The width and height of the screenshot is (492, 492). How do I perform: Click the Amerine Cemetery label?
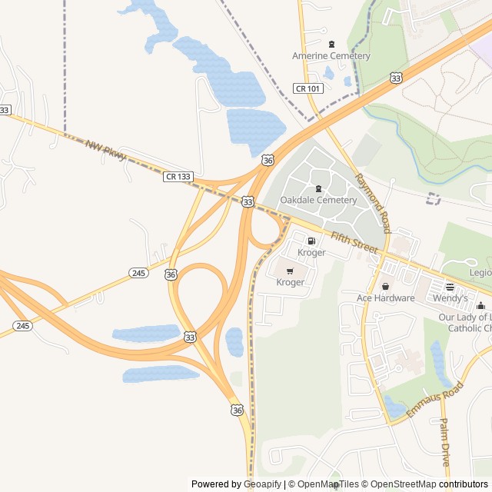pyautogui.click(x=331, y=56)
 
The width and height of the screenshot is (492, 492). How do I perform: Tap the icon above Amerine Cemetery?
pyautogui.click(x=331, y=44)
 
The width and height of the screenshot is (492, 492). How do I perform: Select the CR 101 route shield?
pyautogui.click(x=308, y=88)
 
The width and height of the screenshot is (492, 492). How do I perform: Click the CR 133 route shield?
pyautogui.click(x=178, y=177)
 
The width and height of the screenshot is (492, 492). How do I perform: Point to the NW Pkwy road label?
pyautogui.click(x=105, y=150)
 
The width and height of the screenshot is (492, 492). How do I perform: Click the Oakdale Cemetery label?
pyautogui.click(x=318, y=201)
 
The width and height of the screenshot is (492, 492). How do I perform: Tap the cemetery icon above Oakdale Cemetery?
pyautogui.click(x=318, y=188)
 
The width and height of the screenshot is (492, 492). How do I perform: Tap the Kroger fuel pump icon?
pyautogui.click(x=311, y=241)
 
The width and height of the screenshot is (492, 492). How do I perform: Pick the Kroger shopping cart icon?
pyautogui.click(x=290, y=271)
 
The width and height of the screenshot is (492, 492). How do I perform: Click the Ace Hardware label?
pyautogui.click(x=385, y=298)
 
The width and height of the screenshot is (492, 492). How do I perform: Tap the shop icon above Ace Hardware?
pyautogui.click(x=385, y=287)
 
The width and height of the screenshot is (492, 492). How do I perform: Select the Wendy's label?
pyautogui.click(x=450, y=298)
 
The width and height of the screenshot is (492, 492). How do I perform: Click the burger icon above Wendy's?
pyautogui.click(x=450, y=286)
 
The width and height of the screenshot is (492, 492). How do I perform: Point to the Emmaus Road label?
pyautogui.click(x=435, y=400)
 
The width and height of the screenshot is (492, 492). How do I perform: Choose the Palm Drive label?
pyautogui.click(x=444, y=443)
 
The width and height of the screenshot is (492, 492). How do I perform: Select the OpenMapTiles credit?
pyautogui.click(x=324, y=484)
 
